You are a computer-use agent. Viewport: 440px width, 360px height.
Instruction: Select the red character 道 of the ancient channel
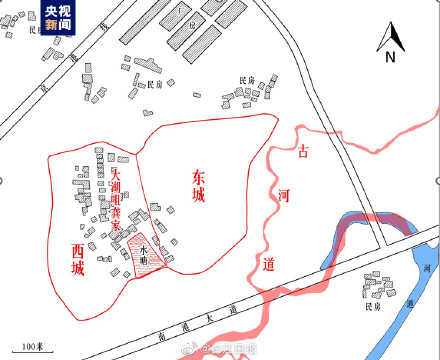266,262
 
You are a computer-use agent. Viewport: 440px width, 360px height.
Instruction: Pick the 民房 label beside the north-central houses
154,85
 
